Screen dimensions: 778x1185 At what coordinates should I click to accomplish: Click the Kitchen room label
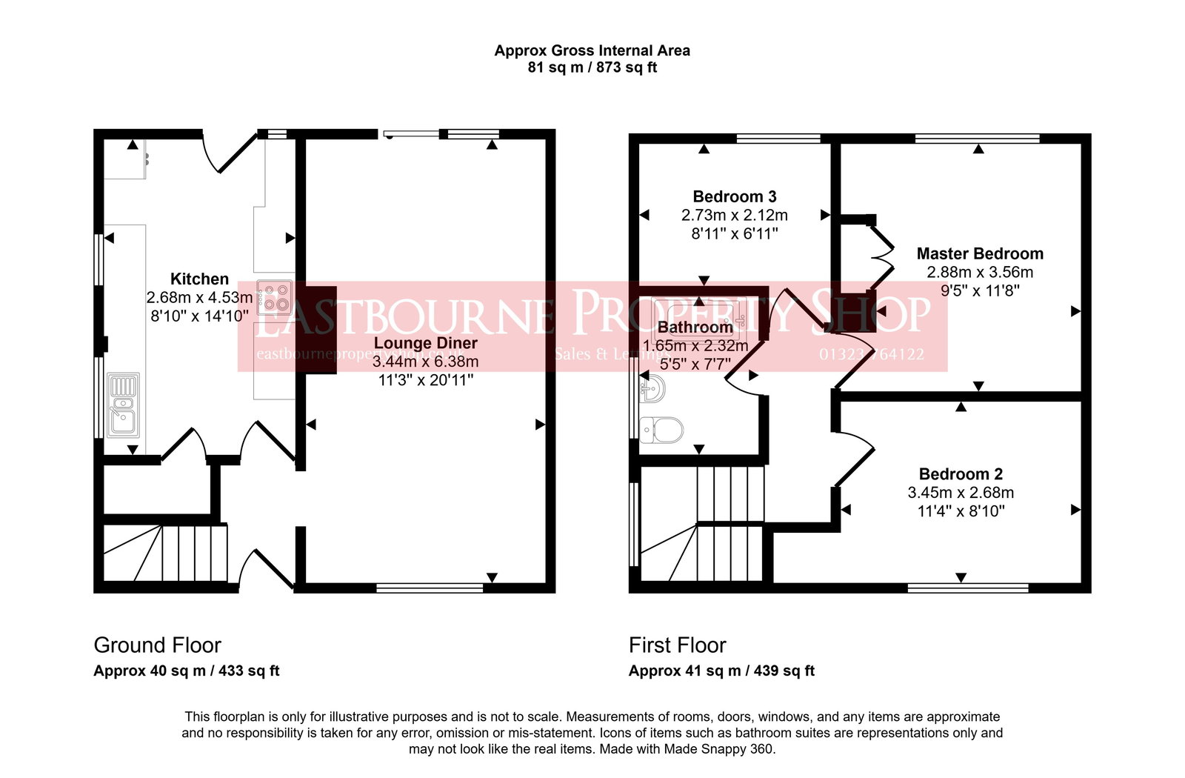pyautogui.click(x=199, y=279)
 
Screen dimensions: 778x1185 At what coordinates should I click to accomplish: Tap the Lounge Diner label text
pyautogui.click(x=425, y=343)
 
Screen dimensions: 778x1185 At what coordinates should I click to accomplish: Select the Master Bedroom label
pyautogui.click(x=979, y=253)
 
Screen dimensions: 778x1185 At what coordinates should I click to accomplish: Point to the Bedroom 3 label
pyautogui.click(x=734, y=196)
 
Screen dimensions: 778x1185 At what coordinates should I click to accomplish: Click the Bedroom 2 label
pyautogui.click(x=960, y=474)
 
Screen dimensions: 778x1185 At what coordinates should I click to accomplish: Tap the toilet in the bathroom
pyautogui.click(x=661, y=429)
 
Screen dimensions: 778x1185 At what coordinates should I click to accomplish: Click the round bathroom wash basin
pyautogui.click(x=652, y=388)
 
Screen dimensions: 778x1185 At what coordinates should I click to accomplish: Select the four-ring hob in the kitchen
pyautogui.click(x=274, y=297)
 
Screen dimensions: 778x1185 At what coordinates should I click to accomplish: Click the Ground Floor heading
pyautogui.click(x=157, y=645)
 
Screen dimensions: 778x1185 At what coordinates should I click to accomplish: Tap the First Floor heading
pyautogui.click(x=677, y=645)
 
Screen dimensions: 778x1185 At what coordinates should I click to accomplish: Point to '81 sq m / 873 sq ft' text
pyautogui.click(x=592, y=67)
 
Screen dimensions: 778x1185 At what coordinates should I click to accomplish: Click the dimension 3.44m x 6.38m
pyautogui.click(x=425, y=362)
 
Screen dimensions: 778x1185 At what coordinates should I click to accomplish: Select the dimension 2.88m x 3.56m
pyautogui.click(x=979, y=272)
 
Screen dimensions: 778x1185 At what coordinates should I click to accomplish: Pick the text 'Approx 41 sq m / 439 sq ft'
pyautogui.click(x=721, y=671)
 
